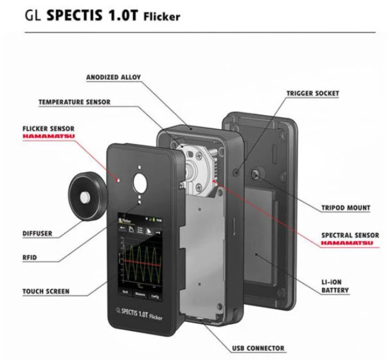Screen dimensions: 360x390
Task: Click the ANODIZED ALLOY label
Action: coord(113,78)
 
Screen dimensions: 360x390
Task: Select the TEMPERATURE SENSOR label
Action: coord(74,102)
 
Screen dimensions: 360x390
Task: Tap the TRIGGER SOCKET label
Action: coord(312,94)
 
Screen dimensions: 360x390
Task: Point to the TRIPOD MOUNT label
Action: coord(346,208)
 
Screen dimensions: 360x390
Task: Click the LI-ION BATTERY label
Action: coord(335,286)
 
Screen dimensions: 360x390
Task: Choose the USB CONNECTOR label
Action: coord(258,348)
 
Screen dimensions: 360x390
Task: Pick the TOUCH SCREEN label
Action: coord(46,291)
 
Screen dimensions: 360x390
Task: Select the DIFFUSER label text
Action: coord(37,233)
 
